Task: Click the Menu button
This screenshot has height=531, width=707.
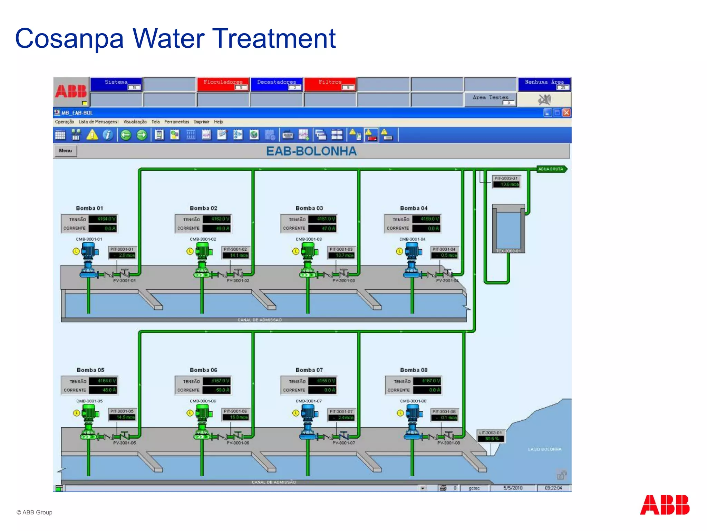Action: tap(65, 151)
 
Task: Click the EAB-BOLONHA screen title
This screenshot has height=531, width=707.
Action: tap(311, 151)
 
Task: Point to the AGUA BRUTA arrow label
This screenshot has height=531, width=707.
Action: tap(551, 169)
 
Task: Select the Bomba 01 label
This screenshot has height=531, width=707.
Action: tap(89, 208)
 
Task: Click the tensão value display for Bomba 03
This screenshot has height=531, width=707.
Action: tap(322, 219)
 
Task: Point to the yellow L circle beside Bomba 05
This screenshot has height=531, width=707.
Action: tap(77, 413)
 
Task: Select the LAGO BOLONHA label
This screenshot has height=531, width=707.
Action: tap(544, 449)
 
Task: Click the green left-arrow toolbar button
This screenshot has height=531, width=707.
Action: tap(126, 135)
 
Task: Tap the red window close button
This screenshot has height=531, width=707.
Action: tap(566, 113)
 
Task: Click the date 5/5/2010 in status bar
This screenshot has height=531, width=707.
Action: tap(513, 488)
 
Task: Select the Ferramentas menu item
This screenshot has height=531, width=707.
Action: tap(176, 122)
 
